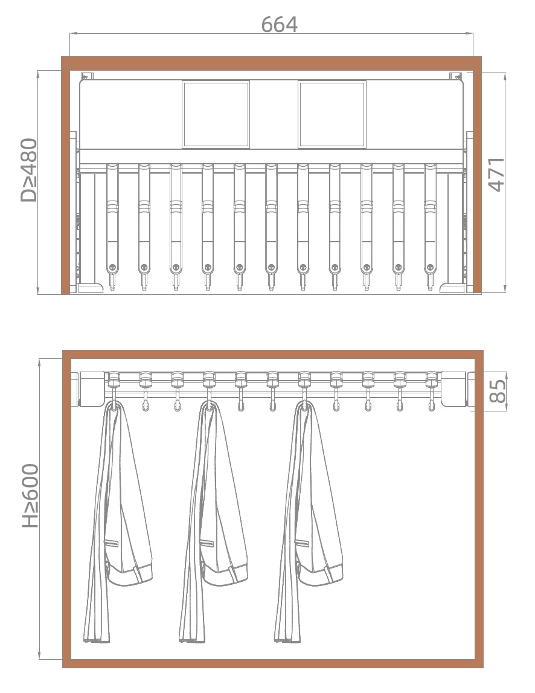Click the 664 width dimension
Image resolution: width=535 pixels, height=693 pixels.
pos(279,24)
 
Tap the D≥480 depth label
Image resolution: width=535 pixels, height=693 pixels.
pos(29,170)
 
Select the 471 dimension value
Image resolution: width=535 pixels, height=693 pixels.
pos(496,174)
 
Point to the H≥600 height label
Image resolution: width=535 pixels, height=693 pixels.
pos(30,495)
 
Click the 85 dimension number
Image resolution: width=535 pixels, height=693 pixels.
pos(498,391)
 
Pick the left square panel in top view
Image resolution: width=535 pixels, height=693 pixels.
pos(216,114)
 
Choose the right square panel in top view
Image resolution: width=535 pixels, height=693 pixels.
pos(332,114)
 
